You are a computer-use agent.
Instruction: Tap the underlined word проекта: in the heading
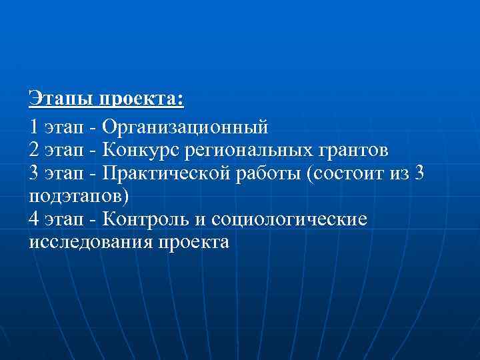141,101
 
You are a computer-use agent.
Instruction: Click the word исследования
91,243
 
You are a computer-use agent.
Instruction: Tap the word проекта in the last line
193,243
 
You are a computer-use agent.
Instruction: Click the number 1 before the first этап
34,125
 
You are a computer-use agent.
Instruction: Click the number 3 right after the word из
419,173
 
